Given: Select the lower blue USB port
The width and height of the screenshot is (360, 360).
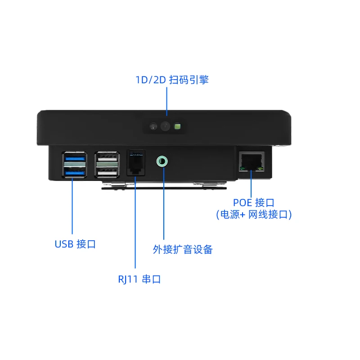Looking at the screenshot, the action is (73, 172).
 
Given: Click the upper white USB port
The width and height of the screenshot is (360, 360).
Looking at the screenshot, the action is (107, 158).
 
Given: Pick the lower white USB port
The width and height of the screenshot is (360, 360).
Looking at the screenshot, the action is (107, 171).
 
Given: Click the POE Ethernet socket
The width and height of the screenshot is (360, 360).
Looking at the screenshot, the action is (252, 161).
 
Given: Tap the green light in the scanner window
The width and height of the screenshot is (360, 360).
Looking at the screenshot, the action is (178, 127).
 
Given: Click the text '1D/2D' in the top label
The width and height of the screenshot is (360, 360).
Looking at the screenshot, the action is (151, 80).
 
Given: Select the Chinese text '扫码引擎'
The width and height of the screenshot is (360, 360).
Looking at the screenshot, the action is (189, 80).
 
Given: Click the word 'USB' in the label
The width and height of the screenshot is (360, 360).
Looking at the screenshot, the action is (63, 244).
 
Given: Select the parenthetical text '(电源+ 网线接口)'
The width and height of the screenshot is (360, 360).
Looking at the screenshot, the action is (254, 215).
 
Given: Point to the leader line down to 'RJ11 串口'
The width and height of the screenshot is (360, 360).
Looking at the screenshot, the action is (135, 225).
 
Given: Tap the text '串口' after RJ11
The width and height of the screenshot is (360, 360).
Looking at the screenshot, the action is (151, 279).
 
